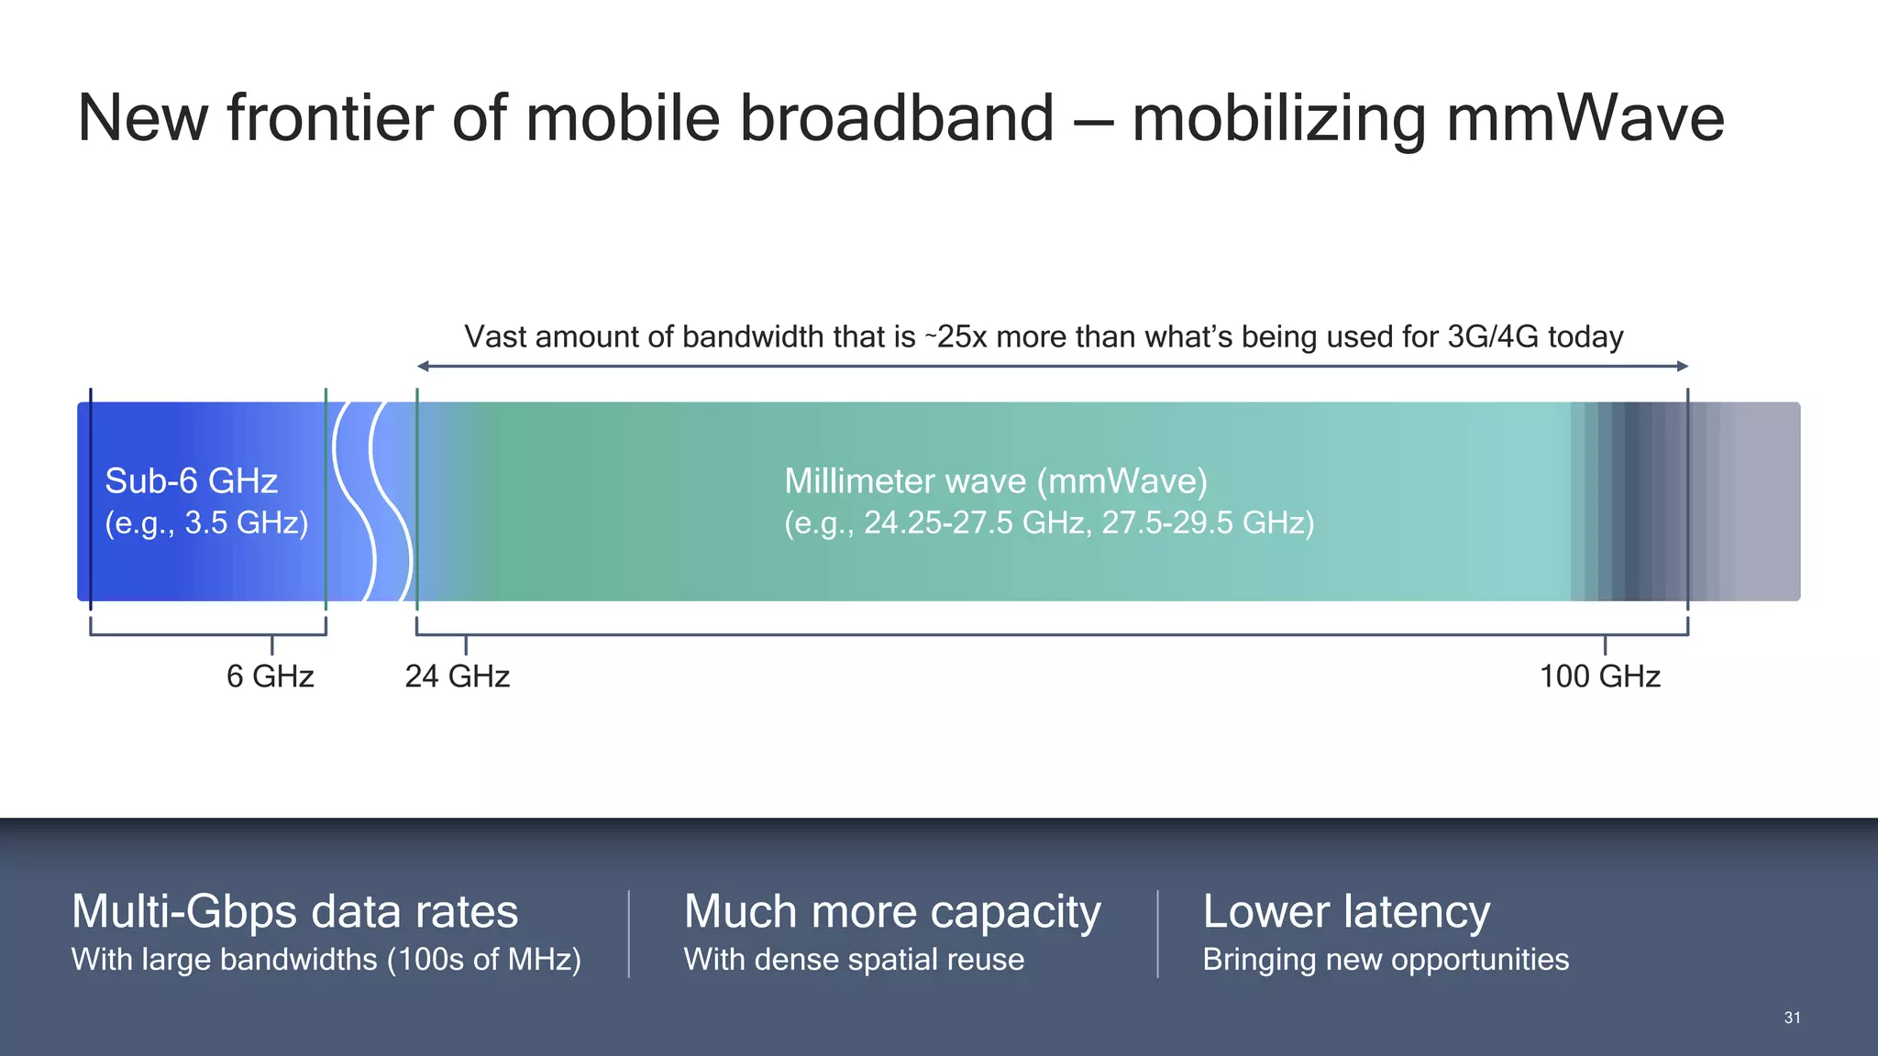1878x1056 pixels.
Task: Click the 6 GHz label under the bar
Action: [x=270, y=676]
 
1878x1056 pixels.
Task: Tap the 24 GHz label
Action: [x=457, y=676]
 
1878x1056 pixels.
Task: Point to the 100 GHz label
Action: [x=1599, y=676]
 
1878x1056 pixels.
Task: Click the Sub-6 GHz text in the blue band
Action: [x=191, y=481]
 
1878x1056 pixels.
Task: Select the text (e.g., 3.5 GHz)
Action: [x=206, y=523]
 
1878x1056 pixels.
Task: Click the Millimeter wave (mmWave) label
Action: [x=996, y=481]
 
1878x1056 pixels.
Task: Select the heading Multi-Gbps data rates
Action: [x=294, y=912]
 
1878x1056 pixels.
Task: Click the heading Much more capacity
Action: [x=891, y=912]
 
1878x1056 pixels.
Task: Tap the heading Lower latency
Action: [x=1345, y=912]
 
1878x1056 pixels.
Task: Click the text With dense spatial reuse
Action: [x=854, y=960]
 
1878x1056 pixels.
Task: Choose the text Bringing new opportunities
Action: [x=1385, y=960]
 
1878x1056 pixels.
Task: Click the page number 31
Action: [x=1792, y=1017]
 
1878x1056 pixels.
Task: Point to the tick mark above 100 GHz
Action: [x=1605, y=645]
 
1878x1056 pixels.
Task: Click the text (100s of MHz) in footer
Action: [x=483, y=960]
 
